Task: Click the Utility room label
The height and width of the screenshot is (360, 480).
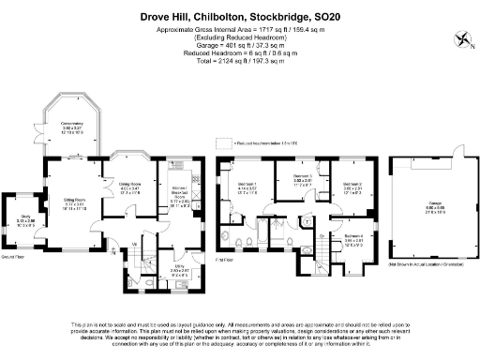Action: coord(165,269)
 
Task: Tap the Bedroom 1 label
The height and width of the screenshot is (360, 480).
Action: coord(247,187)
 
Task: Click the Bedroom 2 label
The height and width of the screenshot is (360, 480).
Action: coord(352,185)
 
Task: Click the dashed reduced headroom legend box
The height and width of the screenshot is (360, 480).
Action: coord(222,143)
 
